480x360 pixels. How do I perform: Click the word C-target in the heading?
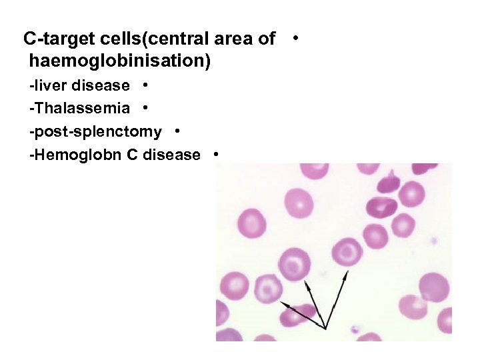point(55,39)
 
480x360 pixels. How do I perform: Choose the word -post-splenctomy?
point(95,131)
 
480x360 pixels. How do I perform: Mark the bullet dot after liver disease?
point(145,85)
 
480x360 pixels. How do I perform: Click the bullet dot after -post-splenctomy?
point(177,131)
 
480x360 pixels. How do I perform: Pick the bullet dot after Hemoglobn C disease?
point(216,154)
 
